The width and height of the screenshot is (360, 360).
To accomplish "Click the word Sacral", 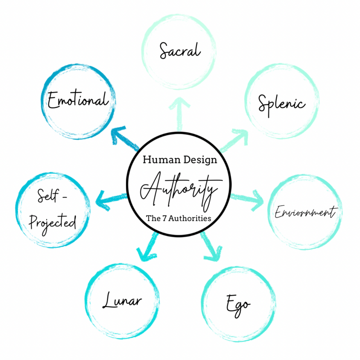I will pos(180,50).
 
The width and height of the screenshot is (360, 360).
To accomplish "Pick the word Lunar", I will pos(122,300).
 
